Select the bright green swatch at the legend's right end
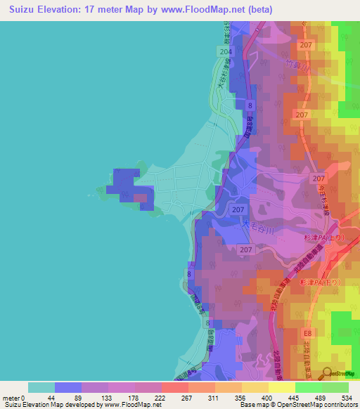coord(335,387)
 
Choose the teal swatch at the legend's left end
coord(41,387)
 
